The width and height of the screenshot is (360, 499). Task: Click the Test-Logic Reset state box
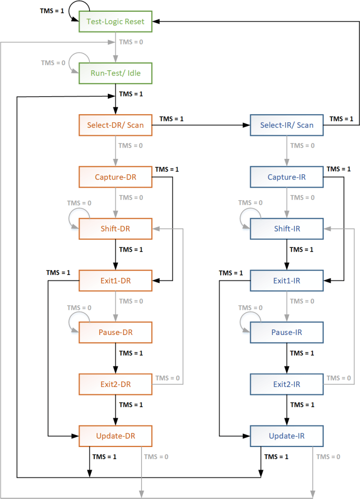(115, 21)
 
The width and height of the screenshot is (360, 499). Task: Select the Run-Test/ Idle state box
(115, 73)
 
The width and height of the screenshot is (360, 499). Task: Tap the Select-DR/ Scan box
(115, 125)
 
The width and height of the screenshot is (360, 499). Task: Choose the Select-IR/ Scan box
(286, 125)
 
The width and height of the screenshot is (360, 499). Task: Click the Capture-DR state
(115, 177)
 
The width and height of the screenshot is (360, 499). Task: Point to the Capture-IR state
(286, 177)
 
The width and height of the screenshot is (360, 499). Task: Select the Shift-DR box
(115, 229)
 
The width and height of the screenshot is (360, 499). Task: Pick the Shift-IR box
(286, 229)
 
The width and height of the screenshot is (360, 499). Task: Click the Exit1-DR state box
(115, 281)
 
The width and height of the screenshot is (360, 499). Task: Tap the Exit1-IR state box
(286, 281)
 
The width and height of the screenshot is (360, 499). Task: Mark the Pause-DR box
(115, 332)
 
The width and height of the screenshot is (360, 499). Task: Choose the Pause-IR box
(286, 332)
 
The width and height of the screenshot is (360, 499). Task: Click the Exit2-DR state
(115, 384)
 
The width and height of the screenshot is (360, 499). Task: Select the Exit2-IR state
(286, 384)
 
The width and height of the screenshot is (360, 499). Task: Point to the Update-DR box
(115, 436)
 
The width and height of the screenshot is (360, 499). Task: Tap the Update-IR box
(286, 436)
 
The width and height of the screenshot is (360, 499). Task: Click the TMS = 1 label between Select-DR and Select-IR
(172, 119)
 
